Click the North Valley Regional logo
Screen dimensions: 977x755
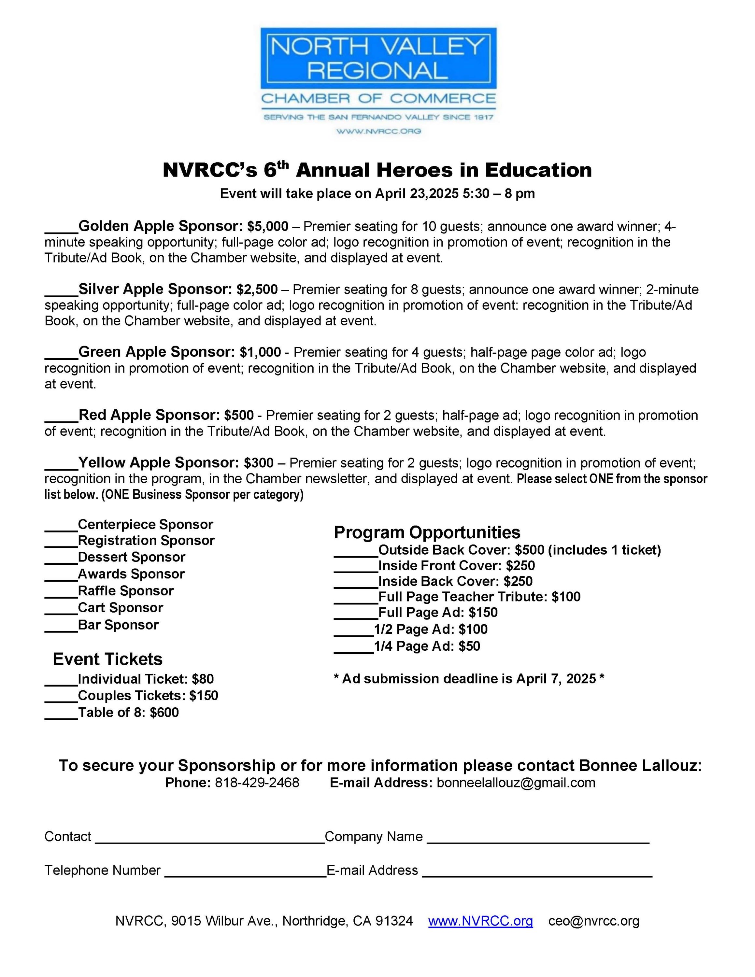pos(378,80)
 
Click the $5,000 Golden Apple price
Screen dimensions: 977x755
pos(267,227)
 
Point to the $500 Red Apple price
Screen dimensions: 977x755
pos(239,416)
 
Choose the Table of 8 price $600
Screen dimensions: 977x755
pos(164,713)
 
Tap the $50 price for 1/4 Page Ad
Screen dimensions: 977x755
pos(469,646)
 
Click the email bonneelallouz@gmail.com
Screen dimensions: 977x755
pos(516,782)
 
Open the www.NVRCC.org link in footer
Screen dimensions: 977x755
pos(480,921)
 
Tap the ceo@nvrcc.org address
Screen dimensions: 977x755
pos(593,921)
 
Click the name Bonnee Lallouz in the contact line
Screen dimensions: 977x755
pos(640,765)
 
